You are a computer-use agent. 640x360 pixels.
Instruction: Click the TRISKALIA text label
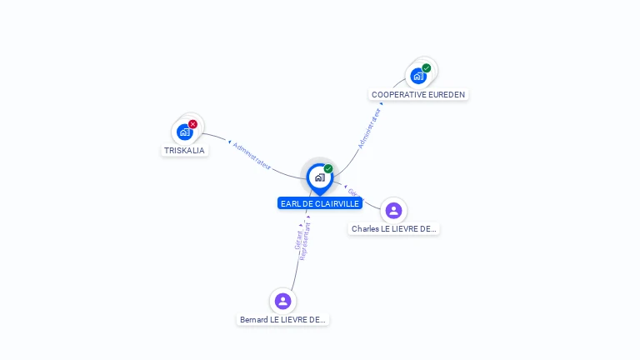tap(184, 151)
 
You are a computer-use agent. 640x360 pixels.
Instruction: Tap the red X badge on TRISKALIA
tap(192, 124)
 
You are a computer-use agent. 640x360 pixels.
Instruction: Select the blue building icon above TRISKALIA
tap(184, 132)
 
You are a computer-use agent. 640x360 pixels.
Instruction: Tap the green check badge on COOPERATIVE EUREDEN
tap(427, 68)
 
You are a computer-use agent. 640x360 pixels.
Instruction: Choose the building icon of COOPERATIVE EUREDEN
tap(418, 76)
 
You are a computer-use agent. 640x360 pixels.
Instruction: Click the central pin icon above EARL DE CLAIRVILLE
tap(319, 177)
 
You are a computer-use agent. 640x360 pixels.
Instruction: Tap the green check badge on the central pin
tap(328, 169)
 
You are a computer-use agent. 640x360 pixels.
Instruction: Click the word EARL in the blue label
tap(290, 203)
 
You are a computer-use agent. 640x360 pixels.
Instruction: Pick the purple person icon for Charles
tap(393, 211)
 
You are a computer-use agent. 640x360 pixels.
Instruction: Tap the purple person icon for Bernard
tap(282, 301)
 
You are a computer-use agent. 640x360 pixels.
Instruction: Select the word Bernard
tap(253, 320)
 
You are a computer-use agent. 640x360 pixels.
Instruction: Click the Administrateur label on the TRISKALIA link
tap(252, 156)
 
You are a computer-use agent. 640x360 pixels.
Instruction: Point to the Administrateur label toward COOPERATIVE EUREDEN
tap(368, 128)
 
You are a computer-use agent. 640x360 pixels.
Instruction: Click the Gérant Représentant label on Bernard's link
tap(302, 241)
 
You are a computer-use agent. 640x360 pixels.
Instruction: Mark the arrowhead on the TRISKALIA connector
tap(229, 142)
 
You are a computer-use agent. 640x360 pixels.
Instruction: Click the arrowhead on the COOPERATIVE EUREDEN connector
tap(382, 103)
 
